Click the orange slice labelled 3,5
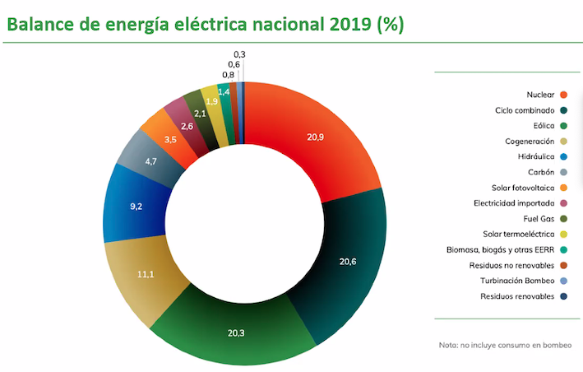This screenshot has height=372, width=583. (x=170, y=141)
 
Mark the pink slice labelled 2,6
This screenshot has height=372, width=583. (x=187, y=127)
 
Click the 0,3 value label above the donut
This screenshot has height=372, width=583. (x=240, y=54)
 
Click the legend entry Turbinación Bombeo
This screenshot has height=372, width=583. (x=516, y=281)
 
